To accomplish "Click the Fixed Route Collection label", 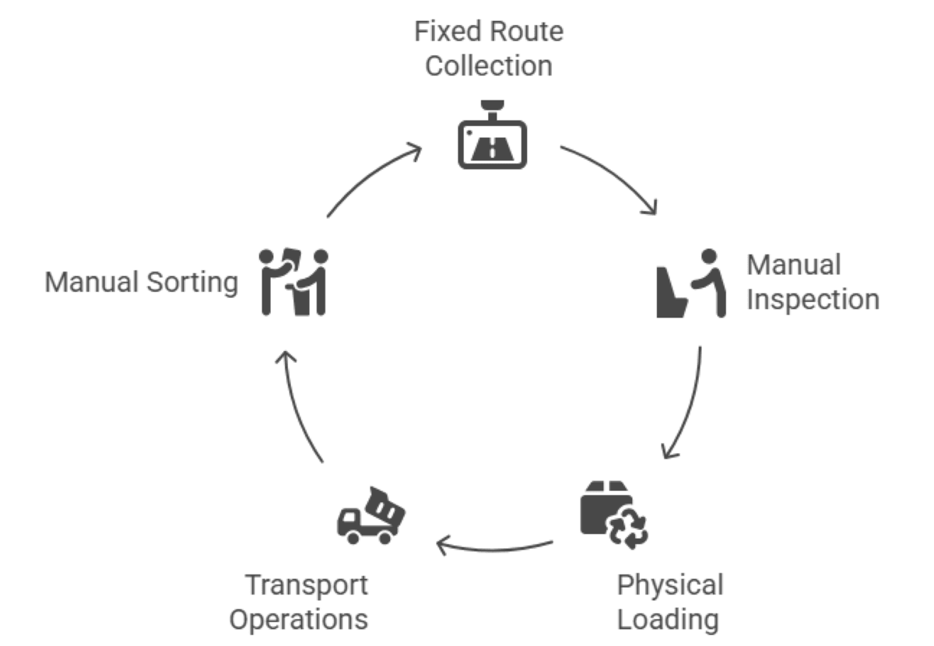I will click(489, 48).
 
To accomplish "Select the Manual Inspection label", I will click(812, 282).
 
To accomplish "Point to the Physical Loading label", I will click(669, 602).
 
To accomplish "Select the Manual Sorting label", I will click(141, 282).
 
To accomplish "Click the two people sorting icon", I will click(293, 282).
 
